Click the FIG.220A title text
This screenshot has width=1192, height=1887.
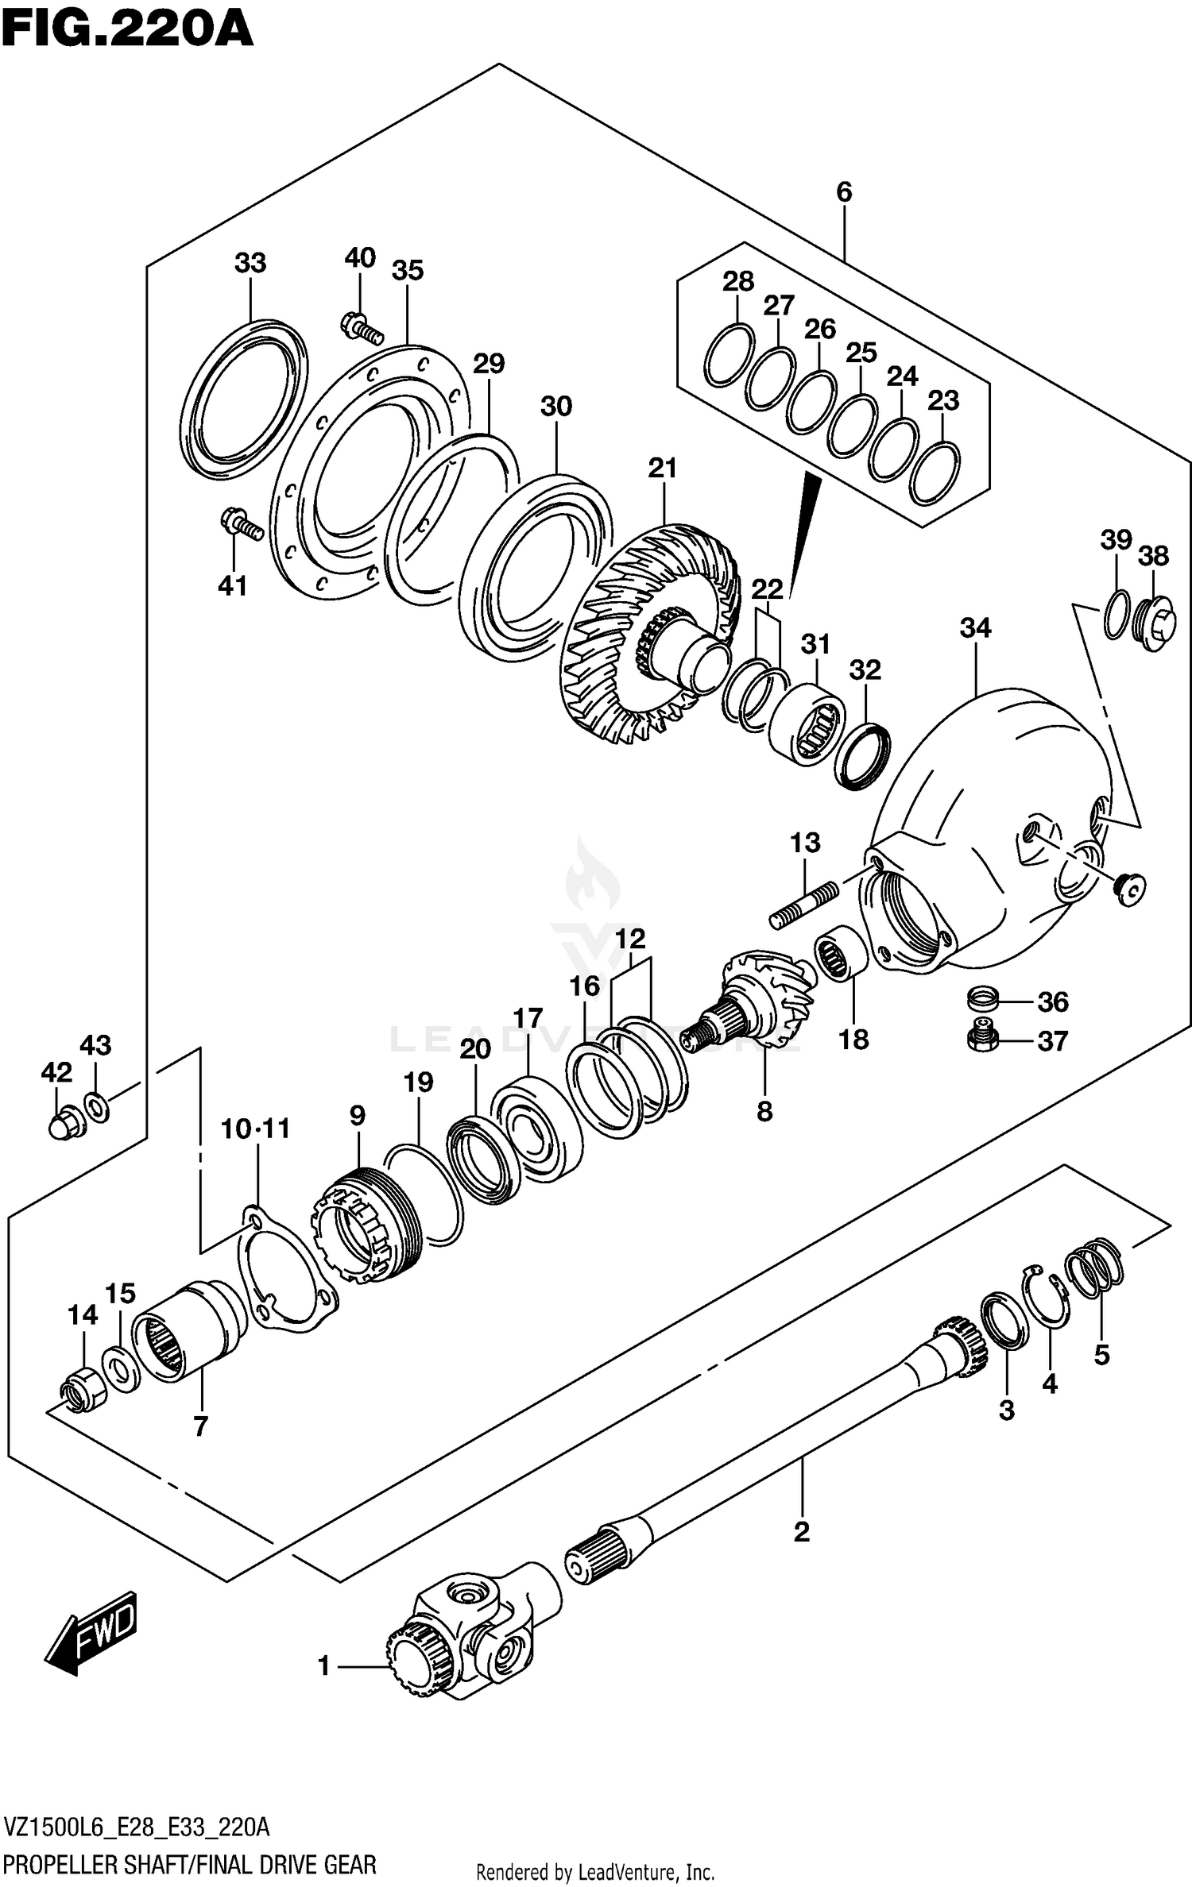point(127,30)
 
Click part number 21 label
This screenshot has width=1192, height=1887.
point(662,469)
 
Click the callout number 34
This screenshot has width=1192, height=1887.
point(975,628)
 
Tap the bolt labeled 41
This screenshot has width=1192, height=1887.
point(240,523)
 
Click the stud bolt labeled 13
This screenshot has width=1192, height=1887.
point(803,906)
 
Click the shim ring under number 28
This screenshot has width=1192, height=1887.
point(729,356)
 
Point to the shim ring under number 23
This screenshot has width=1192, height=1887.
point(935,474)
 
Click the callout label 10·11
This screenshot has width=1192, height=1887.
point(255,1129)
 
